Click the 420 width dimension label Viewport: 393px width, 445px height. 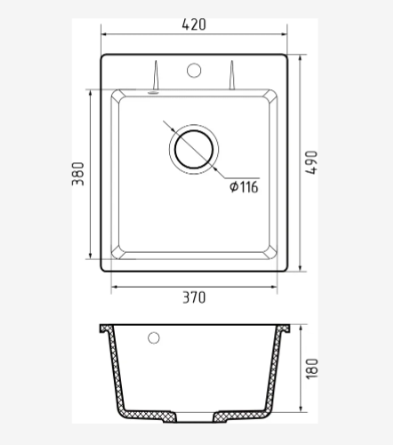(194, 25)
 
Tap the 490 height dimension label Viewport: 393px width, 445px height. (312, 162)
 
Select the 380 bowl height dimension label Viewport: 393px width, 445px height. (78, 174)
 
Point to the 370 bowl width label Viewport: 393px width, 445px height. (194, 297)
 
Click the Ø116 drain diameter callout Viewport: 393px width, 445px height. (244, 187)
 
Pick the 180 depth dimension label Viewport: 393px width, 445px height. (312, 368)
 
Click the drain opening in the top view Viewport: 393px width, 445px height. (194, 149)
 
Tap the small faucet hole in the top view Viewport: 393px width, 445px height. (194, 71)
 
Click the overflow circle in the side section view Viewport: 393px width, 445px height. (154, 338)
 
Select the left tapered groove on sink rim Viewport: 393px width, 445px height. (155, 75)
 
